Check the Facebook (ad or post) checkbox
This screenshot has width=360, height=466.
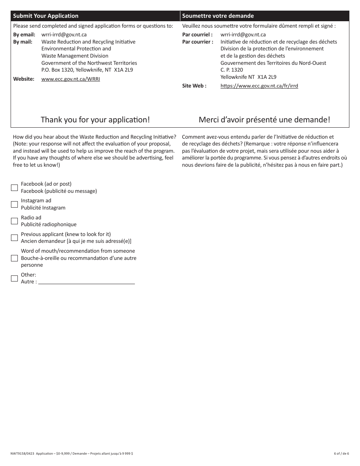click(x=14, y=188)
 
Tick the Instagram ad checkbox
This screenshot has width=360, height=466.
click(x=14, y=204)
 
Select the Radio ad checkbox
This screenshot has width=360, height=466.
click(x=14, y=221)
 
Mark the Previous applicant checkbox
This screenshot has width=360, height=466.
click(x=14, y=238)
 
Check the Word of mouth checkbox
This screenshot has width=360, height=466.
click(x=14, y=258)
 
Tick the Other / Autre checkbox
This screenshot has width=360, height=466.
click(x=14, y=278)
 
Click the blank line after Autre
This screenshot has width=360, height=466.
click(x=86, y=281)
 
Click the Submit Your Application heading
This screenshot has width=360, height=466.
click(x=46, y=16)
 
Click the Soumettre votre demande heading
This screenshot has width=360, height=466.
click(x=218, y=16)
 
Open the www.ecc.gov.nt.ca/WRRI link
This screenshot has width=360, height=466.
click(x=70, y=79)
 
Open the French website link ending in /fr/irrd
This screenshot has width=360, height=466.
click(x=259, y=86)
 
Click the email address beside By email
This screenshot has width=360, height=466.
click(x=64, y=35)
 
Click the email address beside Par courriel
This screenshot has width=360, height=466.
click(x=243, y=35)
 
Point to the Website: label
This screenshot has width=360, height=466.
click(x=24, y=79)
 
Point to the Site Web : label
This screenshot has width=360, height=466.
click(x=194, y=86)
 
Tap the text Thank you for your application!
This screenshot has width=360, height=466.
click(x=95, y=120)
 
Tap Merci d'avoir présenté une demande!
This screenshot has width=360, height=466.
click(x=265, y=120)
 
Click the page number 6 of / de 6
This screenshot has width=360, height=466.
click(x=341, y=453)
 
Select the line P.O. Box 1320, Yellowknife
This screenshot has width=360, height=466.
click(x=87, y=70)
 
